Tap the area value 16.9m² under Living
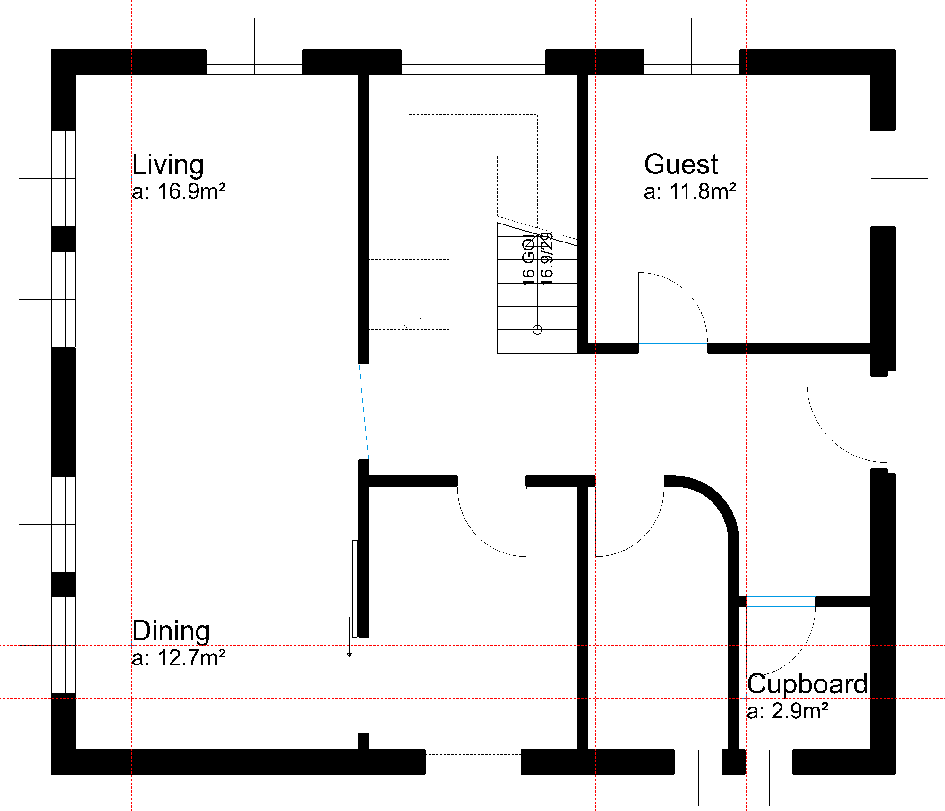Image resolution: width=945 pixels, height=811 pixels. (x=179, y=192)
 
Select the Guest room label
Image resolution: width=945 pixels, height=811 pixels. (x=681, y=164)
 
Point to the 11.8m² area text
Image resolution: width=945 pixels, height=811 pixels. (x=690, y=192)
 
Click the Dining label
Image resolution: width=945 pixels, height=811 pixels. (x=171, y=631)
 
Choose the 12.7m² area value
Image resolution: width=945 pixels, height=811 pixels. (x=179, y=658)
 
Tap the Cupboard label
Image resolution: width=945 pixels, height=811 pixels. (x=807, y=684)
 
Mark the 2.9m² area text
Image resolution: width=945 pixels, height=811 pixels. (x=787, y=711)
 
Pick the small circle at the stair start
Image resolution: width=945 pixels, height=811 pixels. (x=537, y=329)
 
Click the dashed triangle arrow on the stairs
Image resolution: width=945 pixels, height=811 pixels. (x=409, y=323)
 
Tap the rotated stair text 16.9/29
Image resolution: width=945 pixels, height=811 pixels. (x=547, y=259)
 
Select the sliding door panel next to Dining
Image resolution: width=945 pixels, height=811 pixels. (x=355, y=588)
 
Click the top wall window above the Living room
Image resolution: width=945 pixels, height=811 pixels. (x=254, y=62)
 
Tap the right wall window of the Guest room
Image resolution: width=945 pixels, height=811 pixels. (x=883, y=179)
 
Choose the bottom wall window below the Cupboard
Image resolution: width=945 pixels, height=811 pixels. (x=769, y=761)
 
